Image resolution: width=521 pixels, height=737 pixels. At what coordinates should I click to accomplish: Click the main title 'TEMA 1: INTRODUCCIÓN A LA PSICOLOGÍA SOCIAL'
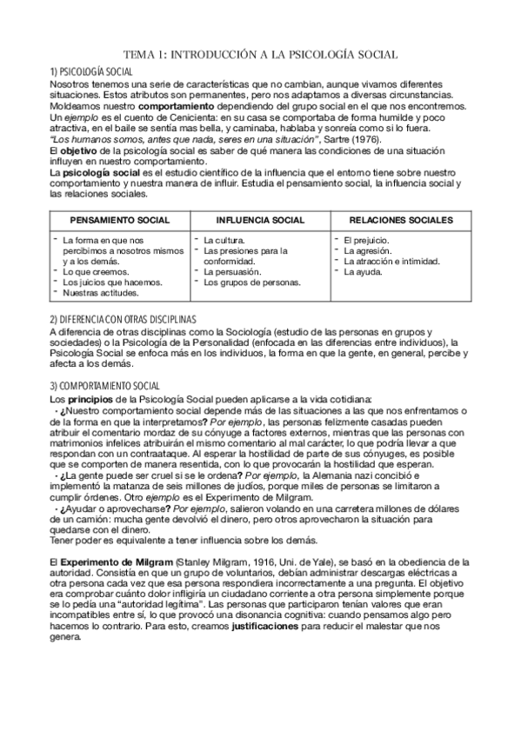(x=261, y=55)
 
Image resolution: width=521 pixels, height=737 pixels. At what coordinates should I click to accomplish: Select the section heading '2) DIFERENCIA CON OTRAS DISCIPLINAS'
(x=123, y=319)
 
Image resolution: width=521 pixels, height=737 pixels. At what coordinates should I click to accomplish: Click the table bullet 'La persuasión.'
(x=231, y=271)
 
